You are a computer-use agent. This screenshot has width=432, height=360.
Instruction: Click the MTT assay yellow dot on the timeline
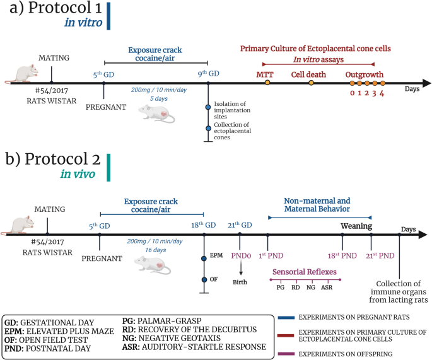point(267,83)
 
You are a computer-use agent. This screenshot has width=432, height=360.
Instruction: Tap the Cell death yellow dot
point(311,83)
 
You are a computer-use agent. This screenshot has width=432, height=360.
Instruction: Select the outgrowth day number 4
point(382,93)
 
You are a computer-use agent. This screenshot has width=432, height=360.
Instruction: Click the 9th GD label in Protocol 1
point(208,74)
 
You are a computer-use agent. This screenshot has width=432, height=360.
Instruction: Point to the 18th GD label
point(203,225)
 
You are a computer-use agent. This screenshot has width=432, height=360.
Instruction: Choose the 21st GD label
point(240,225)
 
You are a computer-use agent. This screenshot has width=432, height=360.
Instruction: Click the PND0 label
point(241,256)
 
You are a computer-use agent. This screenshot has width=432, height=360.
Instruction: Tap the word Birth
point(240,282)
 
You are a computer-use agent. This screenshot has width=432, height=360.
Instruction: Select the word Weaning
point(356,226)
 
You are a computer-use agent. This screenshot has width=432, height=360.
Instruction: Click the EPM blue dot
point(204,258)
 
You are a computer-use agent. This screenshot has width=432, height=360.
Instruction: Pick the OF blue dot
point(204,280)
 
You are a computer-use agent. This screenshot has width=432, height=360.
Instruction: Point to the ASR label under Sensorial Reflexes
point(327,287)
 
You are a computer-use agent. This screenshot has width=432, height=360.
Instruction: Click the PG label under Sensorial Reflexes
point(281,287)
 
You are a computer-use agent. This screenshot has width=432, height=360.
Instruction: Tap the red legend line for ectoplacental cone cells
point(286,336)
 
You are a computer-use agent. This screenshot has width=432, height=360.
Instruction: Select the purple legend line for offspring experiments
point(286,354)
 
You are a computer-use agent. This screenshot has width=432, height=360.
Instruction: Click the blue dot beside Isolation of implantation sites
point(208,107)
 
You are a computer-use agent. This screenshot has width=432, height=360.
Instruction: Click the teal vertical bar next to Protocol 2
point(108,168)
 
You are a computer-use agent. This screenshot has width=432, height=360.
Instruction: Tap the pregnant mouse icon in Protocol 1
point(156,113)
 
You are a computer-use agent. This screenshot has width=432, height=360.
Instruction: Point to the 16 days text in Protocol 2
point(156,250)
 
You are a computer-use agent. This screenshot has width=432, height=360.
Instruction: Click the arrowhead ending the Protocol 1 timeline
point(427,83)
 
